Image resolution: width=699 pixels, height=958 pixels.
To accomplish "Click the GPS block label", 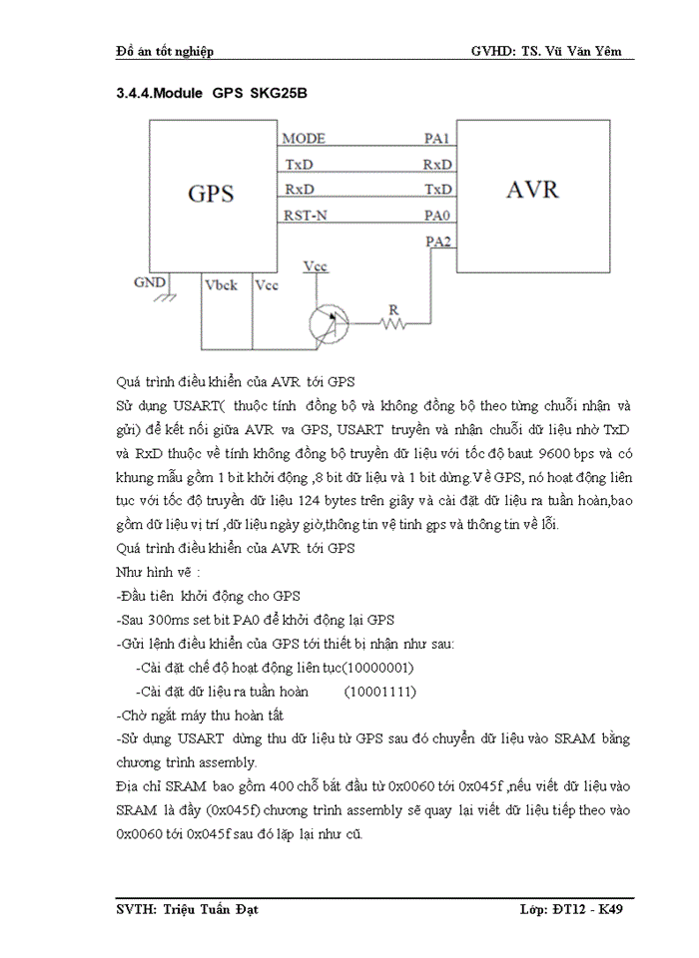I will pos(211,193).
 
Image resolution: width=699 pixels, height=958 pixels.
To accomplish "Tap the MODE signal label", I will pos(303,139).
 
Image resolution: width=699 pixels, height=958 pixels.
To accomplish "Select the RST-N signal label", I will pos(306,215).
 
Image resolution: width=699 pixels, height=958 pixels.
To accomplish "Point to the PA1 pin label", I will pos(437,139).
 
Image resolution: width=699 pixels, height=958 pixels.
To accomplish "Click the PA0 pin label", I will pos(437,215).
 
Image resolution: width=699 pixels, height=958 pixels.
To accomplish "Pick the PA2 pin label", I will pos(437,240).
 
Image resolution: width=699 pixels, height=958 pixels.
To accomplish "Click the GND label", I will pos(150,282).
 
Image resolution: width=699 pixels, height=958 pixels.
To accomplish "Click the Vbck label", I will pos(221,285).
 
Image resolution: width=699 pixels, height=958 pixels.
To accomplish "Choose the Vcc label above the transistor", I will pos(315,266).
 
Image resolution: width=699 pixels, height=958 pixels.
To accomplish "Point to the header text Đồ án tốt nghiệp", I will pos(165,50).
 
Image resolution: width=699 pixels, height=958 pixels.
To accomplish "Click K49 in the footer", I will pos(612,910).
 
